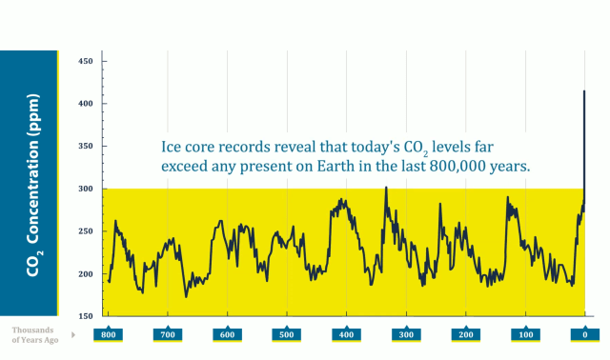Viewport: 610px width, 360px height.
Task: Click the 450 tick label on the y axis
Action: pyautogui.click(x=85, y=61)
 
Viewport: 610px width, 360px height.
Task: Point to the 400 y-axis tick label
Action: pyautogui.click(x=85, y=103)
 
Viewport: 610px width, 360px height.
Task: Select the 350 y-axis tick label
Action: pyautogui.click(x=85, y=146)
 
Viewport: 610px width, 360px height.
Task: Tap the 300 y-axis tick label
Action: pyautogui.click(x=85, y=189)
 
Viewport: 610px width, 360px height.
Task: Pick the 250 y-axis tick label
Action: pyautogui.click(x=85, y=231)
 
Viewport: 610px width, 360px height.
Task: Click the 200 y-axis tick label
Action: pyautogui.click(x=85, y=274)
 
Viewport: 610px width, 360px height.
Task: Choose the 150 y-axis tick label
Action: pyautogui.click(x=85, y=316)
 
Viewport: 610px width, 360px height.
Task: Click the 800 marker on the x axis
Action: pyautogui.click(x=109, y=335)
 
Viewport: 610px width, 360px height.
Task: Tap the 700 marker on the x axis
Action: pyautogui.click(x=169, y=335)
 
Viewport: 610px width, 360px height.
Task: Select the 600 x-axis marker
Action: pyautogui.click(x=228, y=335)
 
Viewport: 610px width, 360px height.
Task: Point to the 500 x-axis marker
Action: pyautogui.click(x=287, y=335)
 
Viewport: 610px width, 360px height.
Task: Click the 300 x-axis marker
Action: pyautogui.click(x=406, y=335)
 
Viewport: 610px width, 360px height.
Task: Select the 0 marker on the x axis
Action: pyautogui.click(x=585, y=335)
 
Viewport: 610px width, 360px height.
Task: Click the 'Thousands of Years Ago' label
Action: pyautogui.click(x=35, y=334)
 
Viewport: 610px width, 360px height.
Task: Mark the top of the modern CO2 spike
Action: pyautogui.click(x=584, y=91)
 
